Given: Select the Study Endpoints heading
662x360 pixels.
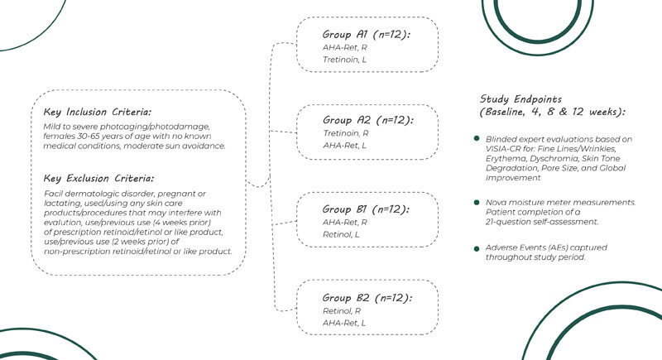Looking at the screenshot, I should [529, 98].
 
